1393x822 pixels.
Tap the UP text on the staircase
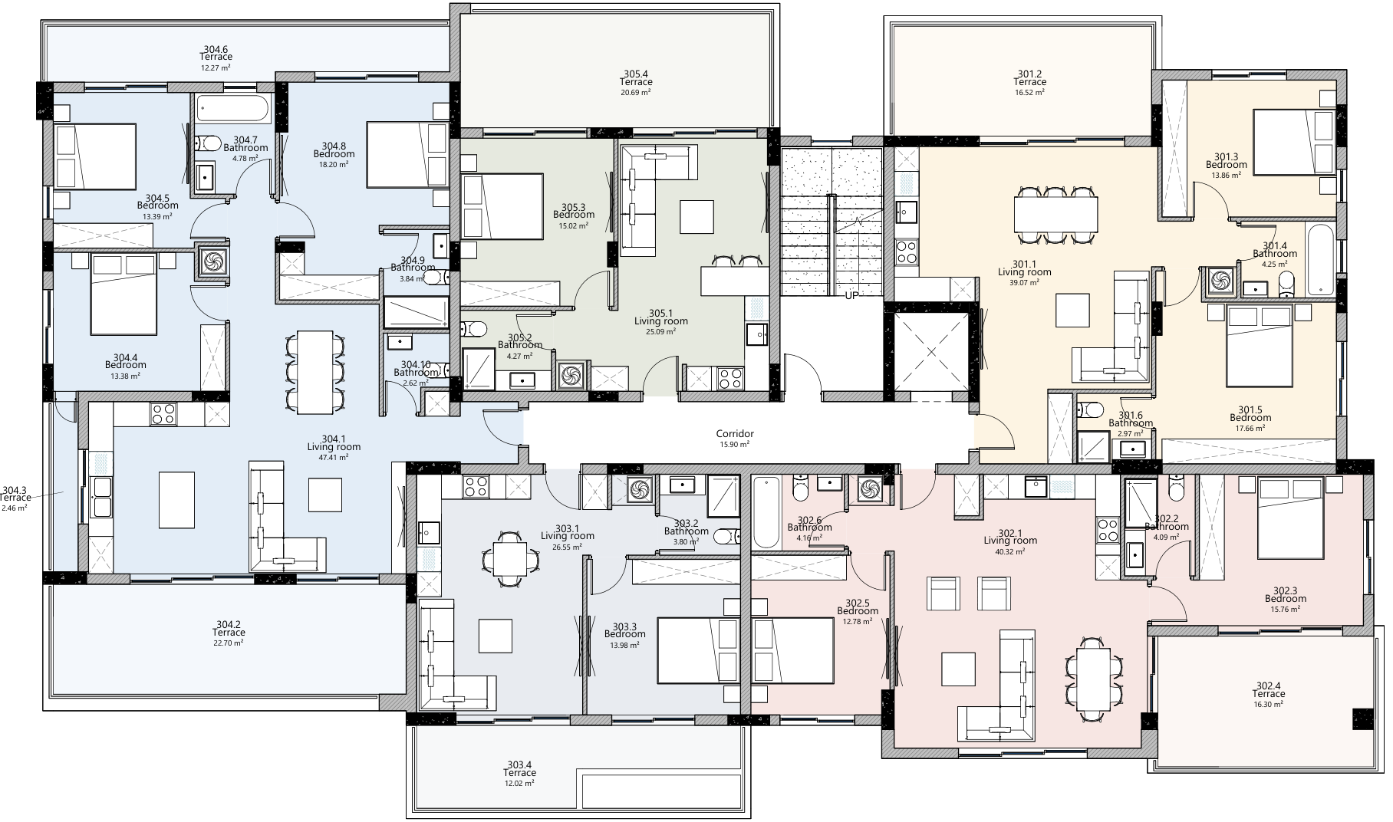click(851, 295)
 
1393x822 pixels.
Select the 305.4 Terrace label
click(636, 77)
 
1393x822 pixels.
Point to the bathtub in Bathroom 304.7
click(232, 108)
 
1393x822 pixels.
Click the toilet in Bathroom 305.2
click(473, 329)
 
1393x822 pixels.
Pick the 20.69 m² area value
click(636, 93)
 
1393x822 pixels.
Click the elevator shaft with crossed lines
click(931, 353)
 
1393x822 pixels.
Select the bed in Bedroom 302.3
click(1290, 518)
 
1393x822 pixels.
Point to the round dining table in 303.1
click(509, 558)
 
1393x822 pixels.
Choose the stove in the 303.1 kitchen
click(476, 485)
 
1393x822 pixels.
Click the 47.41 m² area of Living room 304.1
click(333, 457)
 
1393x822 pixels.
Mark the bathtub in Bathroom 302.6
click(766, 512)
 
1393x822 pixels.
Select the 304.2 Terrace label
click(229, 628)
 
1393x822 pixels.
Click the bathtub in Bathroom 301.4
click(1320, 259)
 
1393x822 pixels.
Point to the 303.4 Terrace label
click(519, 768)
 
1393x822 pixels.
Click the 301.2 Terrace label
click(1029, 77)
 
